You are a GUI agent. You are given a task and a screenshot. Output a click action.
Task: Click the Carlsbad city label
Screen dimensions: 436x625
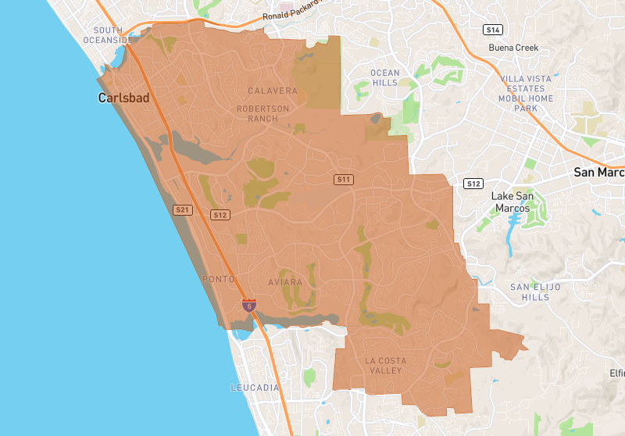point(123,98)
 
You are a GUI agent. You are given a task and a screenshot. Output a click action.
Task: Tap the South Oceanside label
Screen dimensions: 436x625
point(109,35)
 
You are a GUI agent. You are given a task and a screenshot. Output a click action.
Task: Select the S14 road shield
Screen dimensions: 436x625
point(491,30)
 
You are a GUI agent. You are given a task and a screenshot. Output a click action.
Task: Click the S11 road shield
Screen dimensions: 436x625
point(344,180)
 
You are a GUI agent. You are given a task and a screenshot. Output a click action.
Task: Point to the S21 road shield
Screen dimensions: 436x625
point(182,209)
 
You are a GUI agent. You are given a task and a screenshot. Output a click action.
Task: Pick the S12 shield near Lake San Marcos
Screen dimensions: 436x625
point(473,184)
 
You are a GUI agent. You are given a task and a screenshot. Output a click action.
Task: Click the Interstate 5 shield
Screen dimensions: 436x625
point(248,306)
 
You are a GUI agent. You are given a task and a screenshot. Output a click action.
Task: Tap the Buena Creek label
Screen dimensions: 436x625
point(514,48)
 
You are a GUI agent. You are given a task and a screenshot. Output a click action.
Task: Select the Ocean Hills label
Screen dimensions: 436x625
point(385,77)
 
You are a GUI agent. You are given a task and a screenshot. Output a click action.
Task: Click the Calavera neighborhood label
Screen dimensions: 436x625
point(273,91)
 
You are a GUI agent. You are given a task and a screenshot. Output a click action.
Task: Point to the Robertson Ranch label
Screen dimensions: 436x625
point(262,113)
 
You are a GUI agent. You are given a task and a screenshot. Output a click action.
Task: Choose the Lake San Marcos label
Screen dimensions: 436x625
point(511,202)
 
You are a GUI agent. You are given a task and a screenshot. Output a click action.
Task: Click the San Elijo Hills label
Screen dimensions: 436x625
point(535,292)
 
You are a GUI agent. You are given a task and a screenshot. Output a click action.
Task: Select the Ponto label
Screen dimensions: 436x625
point(218,279)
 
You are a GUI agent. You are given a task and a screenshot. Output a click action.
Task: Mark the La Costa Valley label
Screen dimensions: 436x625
point(383,365)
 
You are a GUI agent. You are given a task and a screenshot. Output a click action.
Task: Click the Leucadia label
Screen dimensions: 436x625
point(255,388)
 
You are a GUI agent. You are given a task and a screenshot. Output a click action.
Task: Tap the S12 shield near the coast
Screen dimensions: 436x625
point(220,215)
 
